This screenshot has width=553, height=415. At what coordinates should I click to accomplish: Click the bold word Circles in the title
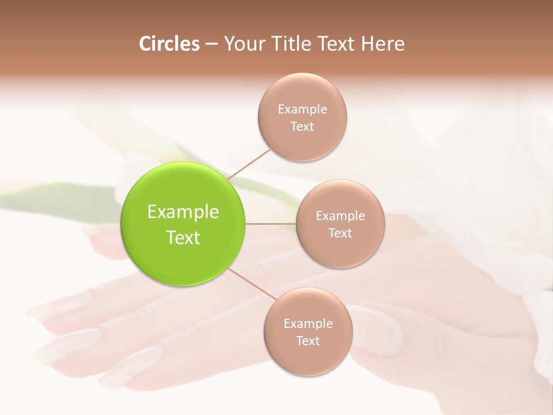(169, 44)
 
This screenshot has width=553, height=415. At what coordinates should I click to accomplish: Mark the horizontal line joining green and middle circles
(271, 223)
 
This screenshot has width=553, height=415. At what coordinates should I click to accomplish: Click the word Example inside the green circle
(183, 212)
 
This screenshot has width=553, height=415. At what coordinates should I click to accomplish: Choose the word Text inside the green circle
(183, 237)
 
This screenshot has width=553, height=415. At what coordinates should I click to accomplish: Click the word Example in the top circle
(302, 109)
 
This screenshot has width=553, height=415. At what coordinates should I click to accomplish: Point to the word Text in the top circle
(302, 126)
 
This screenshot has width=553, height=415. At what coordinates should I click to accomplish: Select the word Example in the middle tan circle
(340, 216)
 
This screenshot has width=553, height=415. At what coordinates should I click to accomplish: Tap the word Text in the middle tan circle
(340, 233)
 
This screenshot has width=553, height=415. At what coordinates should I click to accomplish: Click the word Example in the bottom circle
(308, 323)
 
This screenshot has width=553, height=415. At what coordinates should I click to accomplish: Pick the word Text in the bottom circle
(308, 341)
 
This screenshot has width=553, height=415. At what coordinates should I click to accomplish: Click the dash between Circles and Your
(211, 44)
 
